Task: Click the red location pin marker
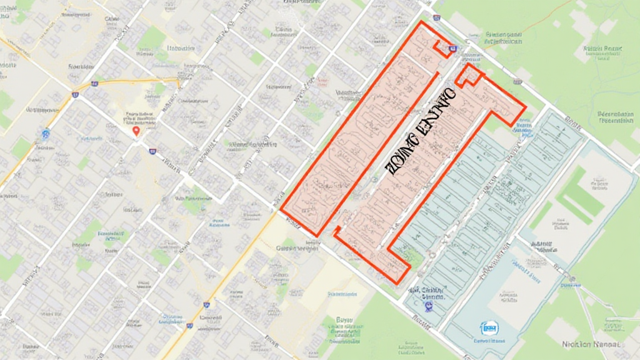click(136, 131)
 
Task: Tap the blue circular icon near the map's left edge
click(45, 133)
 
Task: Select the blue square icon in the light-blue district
click(488, 327)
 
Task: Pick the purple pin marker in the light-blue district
click(427, 306)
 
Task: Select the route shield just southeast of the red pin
click(152, 151)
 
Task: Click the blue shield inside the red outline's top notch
click(452, 48)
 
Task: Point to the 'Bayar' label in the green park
click(344, 320)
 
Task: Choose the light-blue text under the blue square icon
click(488, 341)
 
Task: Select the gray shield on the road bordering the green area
click(517, 81)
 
